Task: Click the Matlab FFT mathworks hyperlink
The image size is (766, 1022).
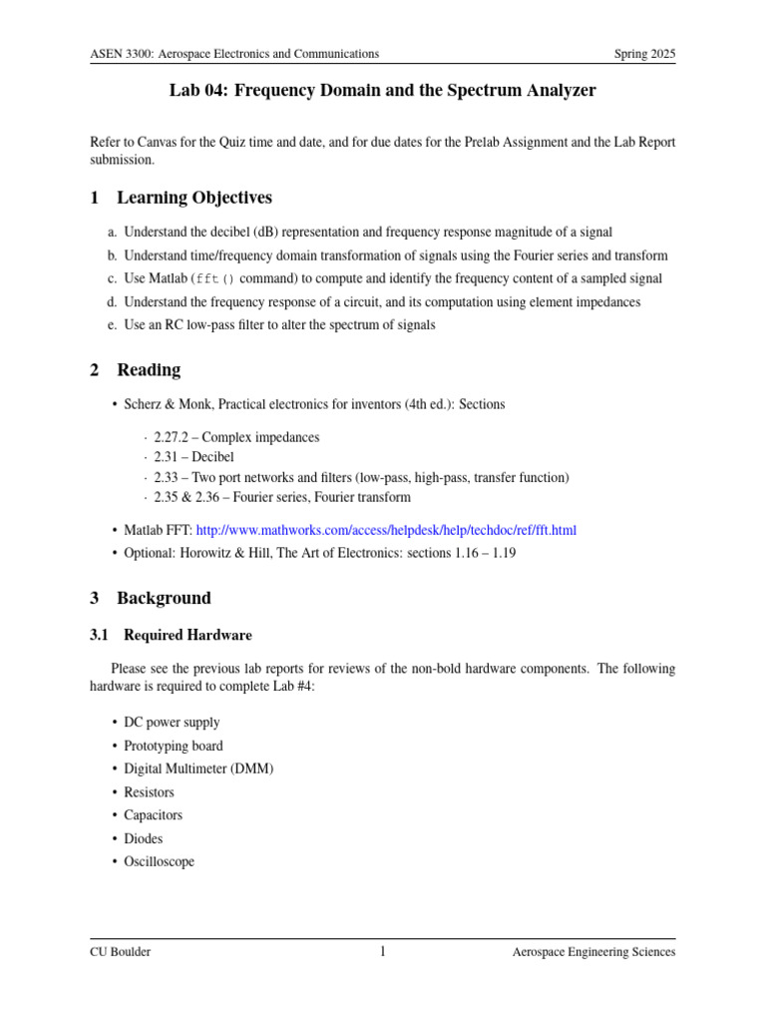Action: (386, 530)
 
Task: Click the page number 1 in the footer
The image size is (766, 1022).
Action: (382, 952)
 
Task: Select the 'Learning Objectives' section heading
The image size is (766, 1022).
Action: (194, 198)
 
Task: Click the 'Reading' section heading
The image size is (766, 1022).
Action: (149, 370)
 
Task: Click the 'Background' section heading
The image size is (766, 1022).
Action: (164, 599)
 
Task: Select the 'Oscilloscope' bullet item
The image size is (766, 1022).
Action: (159, 861)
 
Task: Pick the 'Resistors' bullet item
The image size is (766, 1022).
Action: (149, 792)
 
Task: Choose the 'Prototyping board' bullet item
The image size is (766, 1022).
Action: (174, 746)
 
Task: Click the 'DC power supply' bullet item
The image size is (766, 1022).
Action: (172, 723)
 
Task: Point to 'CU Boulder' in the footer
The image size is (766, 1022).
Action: (120, 952)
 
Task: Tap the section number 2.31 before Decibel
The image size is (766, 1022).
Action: (166, 458)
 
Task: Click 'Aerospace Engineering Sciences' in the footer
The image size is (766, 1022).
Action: (593, 952)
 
